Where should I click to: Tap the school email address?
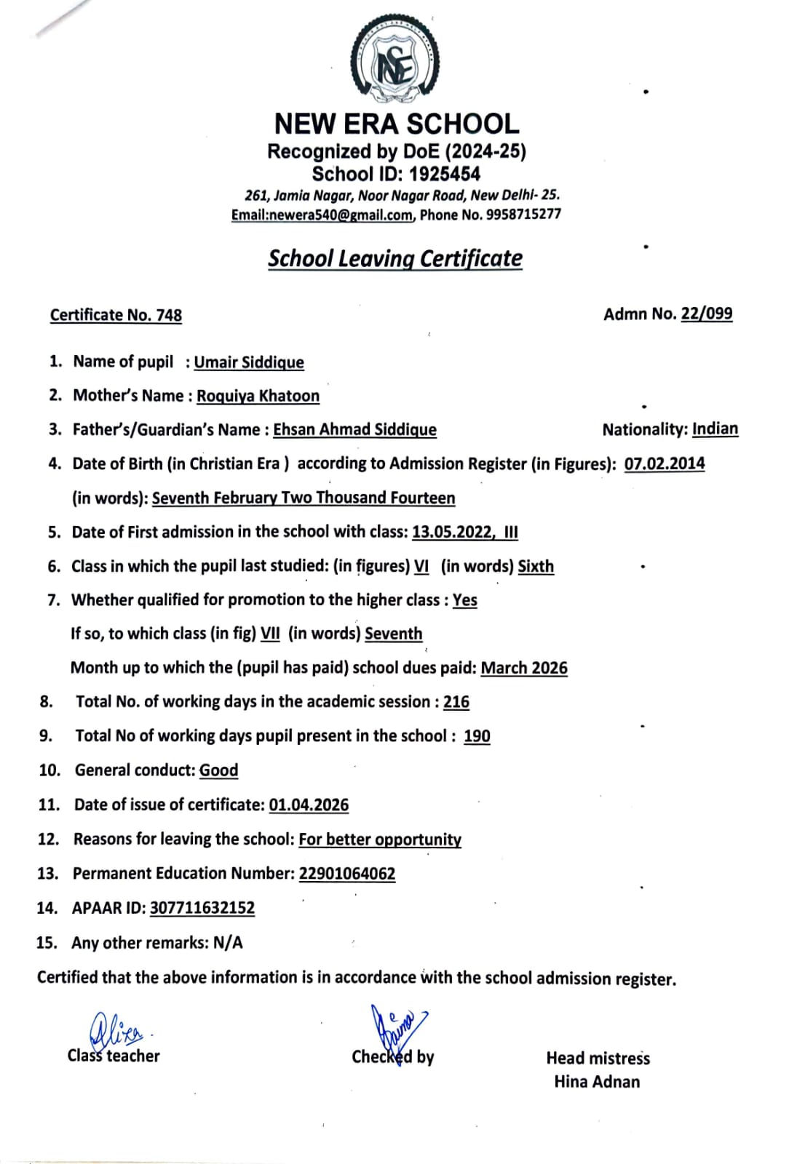pyautogui.click(x=322, y=215)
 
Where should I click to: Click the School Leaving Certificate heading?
pyautogui.click(x=395, y=258)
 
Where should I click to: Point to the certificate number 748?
pyautogui.click(x=169, y=315)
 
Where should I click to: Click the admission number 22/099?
pyautogui.click(x=706, y=314)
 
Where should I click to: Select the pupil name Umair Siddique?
pyautogui.click(x=249, y=362)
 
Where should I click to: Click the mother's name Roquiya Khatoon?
pyautogui.click(x=258, y=396)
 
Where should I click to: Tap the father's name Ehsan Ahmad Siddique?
pyautogui.click(x=354, y=430)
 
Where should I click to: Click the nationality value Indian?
pyautogui.click(x=715, y=428)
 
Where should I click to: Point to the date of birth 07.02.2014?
pyautogui.click(x=664, y=463)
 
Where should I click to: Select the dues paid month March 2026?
pyautogui.click(x=524, y=668)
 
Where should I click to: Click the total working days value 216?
pyautogui.click(x=456, y=702)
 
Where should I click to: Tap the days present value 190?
pyautogui.click(x=477, y=736)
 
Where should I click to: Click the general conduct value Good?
pyautogui.click(x=218, y=770)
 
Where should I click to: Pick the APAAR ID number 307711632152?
pyautogui.click(x=202, y=908)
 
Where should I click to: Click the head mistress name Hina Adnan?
pyautogui.click(x=597, y=1082)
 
